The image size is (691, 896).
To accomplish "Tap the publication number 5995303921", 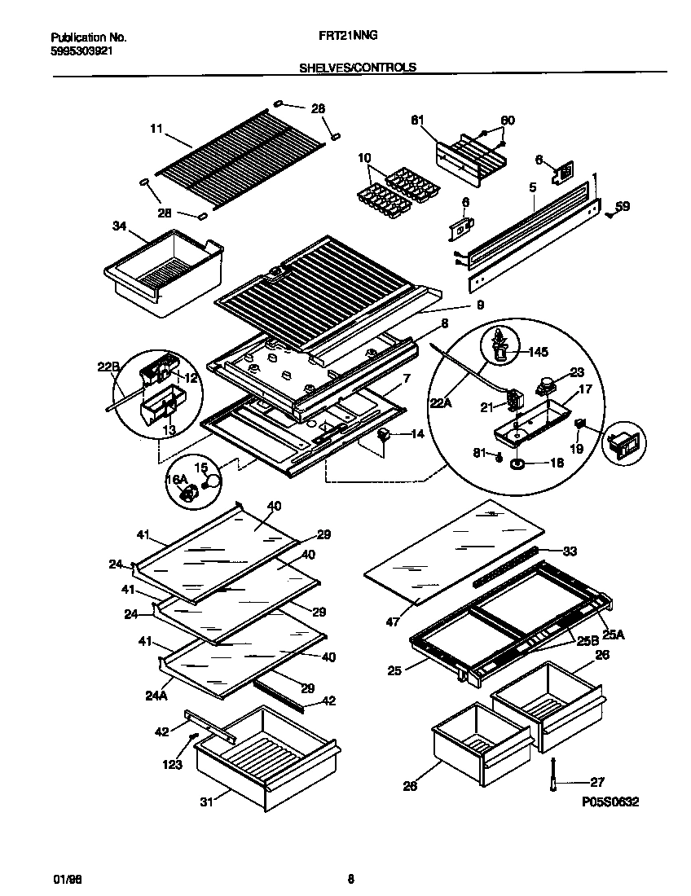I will click(x=81, y=50).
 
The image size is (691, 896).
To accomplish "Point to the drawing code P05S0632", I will click(x=610, y=802).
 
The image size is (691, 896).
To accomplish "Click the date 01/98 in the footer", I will click(x=61, y=878).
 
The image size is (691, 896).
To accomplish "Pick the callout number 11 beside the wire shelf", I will click(x=156, y=128).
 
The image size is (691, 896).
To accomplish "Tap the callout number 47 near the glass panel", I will click(x=394, y=621).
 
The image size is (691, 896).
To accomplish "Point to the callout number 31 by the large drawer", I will click(x=207, y=802).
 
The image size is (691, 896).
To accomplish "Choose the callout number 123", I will click(x=173, y=765).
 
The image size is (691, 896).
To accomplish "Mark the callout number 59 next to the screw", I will click(x=622, y=206).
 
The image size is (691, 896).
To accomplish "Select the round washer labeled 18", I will click(x=517, y=464).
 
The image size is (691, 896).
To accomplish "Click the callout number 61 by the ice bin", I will click(x=418, y=121).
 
